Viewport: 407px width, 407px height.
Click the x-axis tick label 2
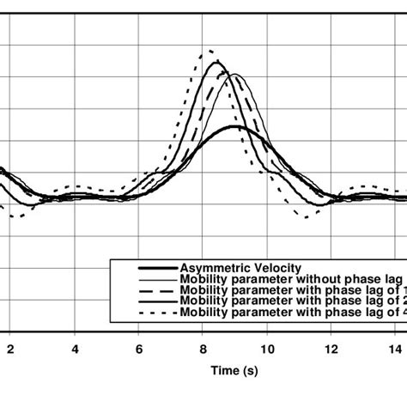[10, 350]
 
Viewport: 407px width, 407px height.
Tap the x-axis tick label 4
[76, 350]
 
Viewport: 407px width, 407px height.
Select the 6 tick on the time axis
[139, 350]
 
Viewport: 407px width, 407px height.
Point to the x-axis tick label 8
[203, 350]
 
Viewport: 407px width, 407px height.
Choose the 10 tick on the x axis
[267, 350]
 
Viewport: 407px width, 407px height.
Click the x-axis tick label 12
[331, 350]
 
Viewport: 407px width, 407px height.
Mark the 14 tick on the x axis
[395, 350]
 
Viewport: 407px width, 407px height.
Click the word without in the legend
[307, 278]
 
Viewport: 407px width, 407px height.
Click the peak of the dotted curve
[208, 51]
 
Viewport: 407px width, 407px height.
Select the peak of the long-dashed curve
[225, 73]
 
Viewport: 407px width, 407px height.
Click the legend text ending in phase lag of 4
[292, 313]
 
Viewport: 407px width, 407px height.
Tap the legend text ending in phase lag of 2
[292, 301]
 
